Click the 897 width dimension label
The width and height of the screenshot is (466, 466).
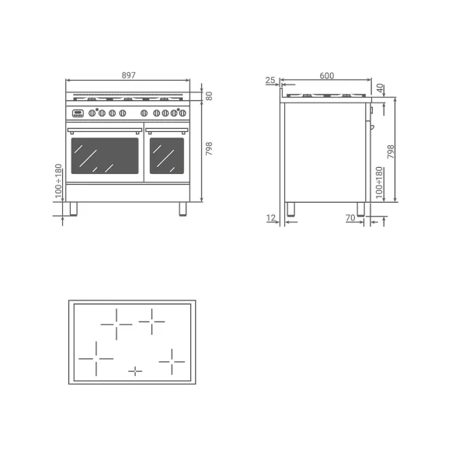point(128,75)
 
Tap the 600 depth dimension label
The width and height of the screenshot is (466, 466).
point(327,76)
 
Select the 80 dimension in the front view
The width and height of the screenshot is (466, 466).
point(209,96)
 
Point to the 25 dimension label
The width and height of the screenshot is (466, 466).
point(270,80)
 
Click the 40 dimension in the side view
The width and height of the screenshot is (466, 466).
point(380,88)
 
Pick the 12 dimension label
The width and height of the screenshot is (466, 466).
point(271,217)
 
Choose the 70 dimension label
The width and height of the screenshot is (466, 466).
point(351,217)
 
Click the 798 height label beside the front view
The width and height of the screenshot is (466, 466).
point(209,148)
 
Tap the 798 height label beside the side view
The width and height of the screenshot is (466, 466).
point(391,151)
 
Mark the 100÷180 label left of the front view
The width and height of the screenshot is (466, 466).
point(58,181)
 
